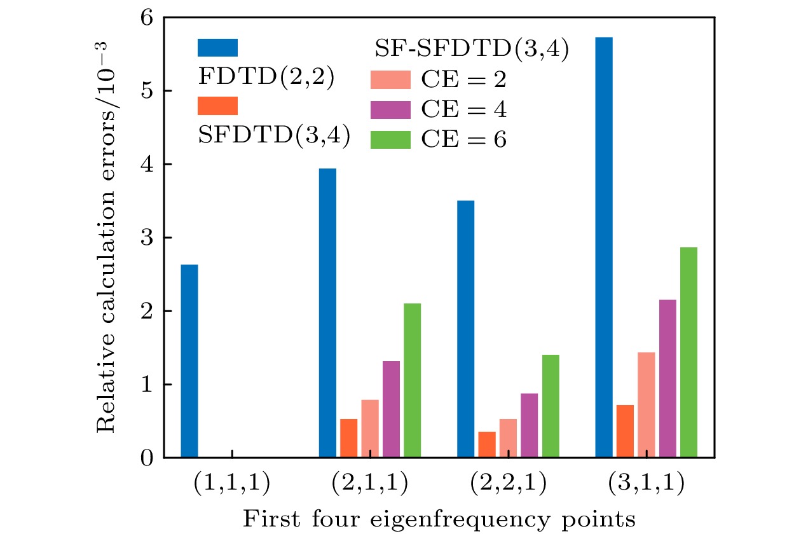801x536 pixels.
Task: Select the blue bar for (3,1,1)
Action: point(603,247)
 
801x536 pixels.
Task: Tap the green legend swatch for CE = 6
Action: point(390,139)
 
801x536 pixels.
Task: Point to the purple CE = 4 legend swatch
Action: point(390,109)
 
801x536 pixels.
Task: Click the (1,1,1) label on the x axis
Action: point(232,484)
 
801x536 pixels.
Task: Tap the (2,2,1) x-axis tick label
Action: point(507,484)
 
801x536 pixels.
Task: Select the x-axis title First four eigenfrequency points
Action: point(439,519)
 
